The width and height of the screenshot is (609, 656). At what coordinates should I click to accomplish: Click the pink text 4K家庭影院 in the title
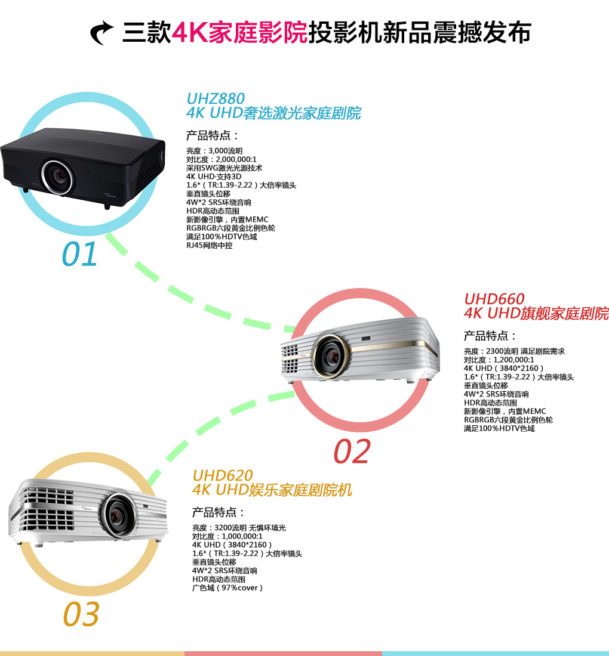(x=239, y=32)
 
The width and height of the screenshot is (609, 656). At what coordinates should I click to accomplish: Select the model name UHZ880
(x=216, y=98)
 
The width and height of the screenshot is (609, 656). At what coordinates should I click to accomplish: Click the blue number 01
(x=79, y=254)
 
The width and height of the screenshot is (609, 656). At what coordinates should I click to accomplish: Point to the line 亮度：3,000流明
(x=214, y=151)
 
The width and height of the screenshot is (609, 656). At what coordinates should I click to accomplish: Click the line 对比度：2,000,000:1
(x=221, y=159)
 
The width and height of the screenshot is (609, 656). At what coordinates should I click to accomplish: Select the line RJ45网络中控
(x=209, y=245)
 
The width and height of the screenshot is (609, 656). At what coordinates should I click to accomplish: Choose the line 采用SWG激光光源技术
(x=224, y=168)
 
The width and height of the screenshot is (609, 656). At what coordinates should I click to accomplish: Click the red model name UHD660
(x=494, y=299)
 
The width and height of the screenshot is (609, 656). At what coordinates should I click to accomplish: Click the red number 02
(x=352, y=451)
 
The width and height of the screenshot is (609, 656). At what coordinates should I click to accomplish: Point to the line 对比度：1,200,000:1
(x=499, y=360)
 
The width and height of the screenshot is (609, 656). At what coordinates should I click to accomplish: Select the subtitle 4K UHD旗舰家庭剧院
(x=536, y=314)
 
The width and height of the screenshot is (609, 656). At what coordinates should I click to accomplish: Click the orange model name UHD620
(x=223, y=475)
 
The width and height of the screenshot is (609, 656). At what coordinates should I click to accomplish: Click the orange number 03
(x=81, y=614)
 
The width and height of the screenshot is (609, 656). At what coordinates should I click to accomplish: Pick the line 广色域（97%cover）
(x=227, y=587)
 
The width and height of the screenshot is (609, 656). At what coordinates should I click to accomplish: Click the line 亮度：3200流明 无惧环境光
(x=239, y=528)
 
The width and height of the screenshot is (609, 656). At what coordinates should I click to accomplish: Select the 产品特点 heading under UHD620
(x=219, y=512)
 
